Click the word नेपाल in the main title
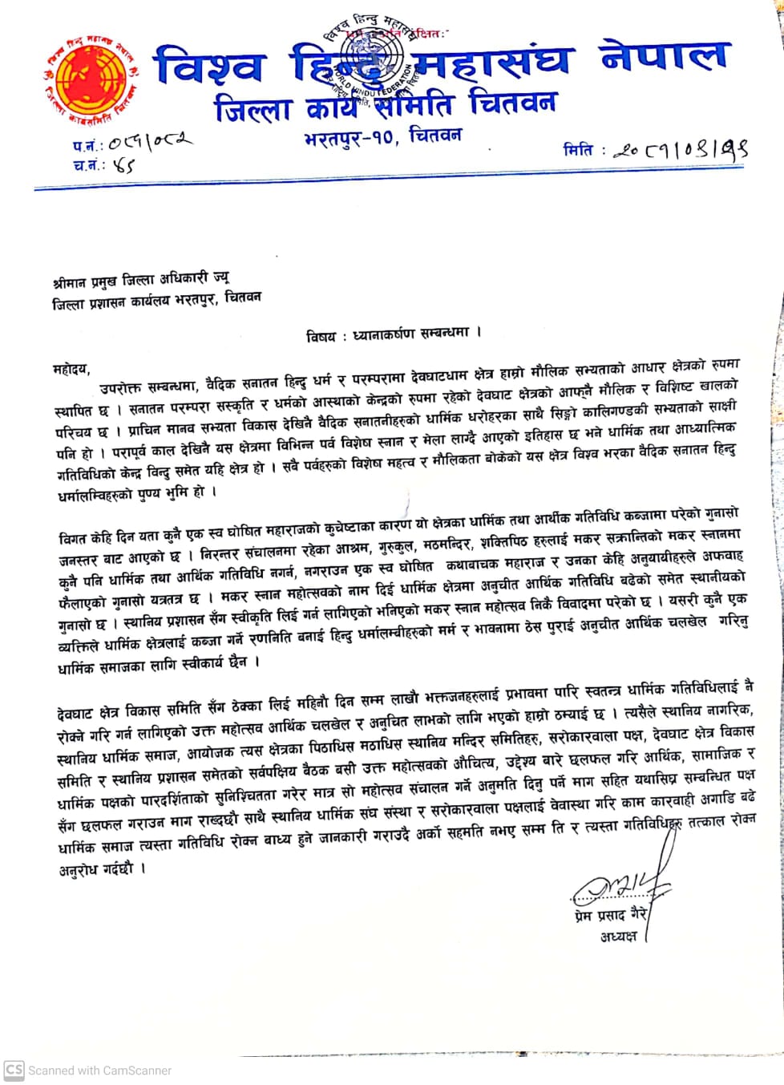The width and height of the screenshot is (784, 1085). tap(663, 58)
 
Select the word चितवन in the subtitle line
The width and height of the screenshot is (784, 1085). tap(512, 103)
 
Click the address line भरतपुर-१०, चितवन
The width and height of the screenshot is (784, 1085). tap(382, 137)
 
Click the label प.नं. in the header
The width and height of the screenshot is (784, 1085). tap(87, 146)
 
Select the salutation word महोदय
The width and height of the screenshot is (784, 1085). tap(71, 370)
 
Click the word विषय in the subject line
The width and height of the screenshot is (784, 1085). tap(321, 336)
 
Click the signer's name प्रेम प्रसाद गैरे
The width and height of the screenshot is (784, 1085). tap(609, 915)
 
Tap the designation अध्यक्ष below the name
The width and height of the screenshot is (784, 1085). tap(618, 936)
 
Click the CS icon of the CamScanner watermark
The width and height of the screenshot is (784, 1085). tap(14, 1070)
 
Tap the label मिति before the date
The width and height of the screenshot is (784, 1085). tap(578, 150)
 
